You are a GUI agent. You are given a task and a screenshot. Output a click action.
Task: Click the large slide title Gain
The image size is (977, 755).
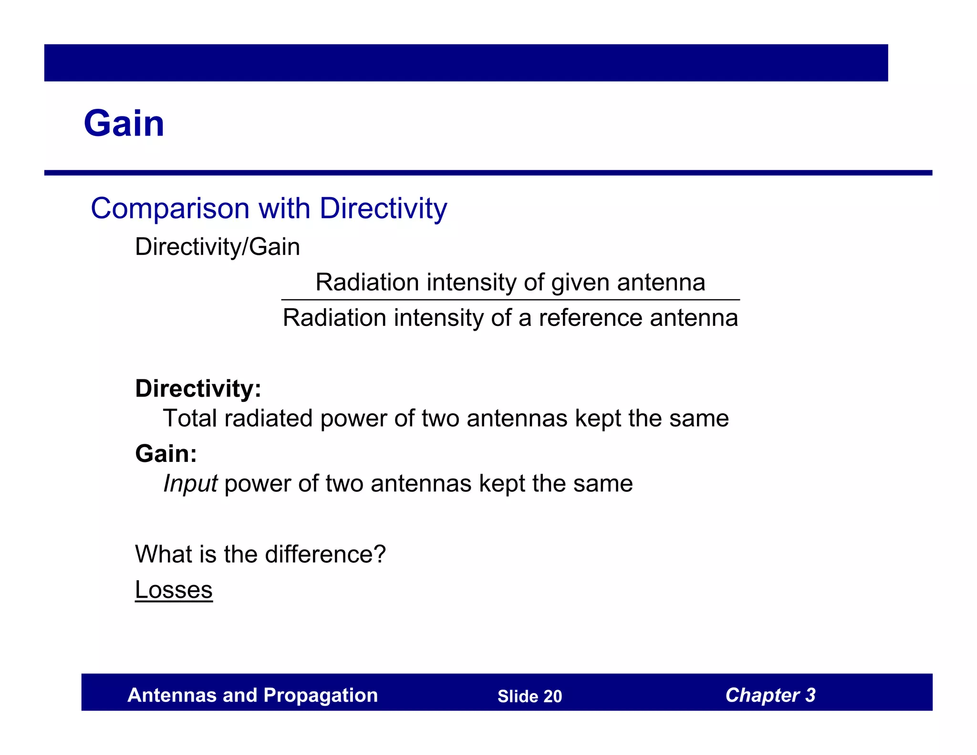[x=124, y=124]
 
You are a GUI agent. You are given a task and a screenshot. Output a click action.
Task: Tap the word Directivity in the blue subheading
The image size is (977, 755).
[x=383, y=209]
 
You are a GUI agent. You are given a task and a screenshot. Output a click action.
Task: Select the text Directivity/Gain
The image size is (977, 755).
[x=218, y=247]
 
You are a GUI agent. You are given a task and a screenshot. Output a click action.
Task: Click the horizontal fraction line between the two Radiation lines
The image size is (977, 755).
[x=510, y=300]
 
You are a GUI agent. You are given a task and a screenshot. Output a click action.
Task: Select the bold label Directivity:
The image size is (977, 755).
[x=198, y=388]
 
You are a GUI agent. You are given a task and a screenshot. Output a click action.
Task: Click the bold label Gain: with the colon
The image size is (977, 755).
[x=166, y=453]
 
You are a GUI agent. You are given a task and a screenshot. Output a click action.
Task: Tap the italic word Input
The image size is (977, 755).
[x=190, y=484]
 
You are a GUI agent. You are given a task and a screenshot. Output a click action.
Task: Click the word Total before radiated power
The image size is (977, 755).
[x=189, y=419]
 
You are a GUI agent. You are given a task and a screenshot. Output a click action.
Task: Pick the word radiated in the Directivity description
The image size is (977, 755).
[x=269, y=419]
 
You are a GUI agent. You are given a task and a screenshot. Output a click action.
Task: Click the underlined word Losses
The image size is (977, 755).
[x=174, y=590]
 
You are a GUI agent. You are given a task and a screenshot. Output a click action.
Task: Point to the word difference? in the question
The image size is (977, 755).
[x=325, y=555]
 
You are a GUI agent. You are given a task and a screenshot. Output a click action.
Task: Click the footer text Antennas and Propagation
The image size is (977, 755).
[x=252, y=695]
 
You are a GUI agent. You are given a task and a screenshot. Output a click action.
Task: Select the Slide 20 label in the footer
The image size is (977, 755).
[x=530, y=696]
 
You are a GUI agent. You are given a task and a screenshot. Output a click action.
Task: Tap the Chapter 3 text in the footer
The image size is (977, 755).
[x=770, y=695]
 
